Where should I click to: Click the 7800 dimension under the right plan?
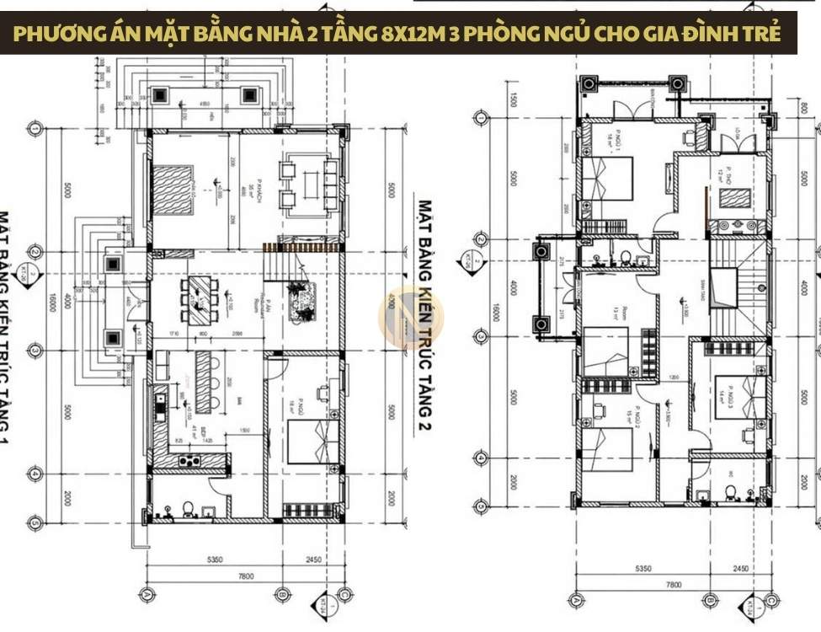tap(674, 583)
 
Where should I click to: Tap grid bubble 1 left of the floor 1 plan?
tap(35, 129)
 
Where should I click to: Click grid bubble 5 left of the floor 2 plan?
tap(480, 506)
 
